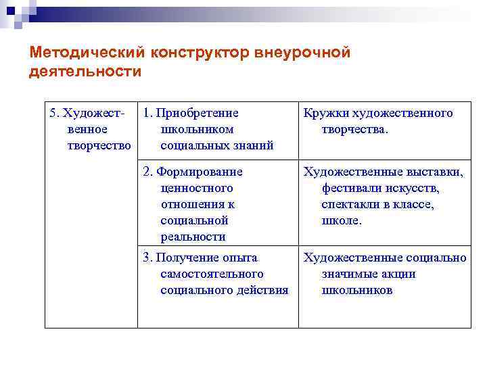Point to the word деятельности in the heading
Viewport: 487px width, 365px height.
[x=85, y=72]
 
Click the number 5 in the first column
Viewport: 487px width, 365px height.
[x=54, y=113]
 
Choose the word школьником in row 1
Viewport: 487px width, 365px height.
[x=197, y=129]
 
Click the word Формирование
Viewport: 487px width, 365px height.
[x=200, y=172]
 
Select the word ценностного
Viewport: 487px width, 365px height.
[x=197, y=188]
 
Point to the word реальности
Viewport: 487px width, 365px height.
[x=193, y=237]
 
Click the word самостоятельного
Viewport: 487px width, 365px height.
[x=212, y=274]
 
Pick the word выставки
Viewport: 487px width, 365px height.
[x=432, y=172]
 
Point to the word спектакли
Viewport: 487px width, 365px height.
[x=351, y=204]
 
